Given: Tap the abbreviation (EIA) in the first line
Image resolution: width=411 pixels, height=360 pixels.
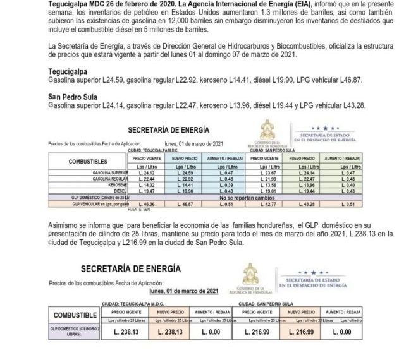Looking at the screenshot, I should click(249, 4).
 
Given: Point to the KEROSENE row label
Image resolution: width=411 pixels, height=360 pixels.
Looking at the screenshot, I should click(115, 184).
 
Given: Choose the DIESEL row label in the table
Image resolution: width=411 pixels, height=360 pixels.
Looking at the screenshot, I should click(118, 190).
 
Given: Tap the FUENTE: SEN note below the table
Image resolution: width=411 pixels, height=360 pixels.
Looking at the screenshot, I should click(136, 210).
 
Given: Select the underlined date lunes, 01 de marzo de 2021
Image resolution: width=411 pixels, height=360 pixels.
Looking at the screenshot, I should click(184, 291).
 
